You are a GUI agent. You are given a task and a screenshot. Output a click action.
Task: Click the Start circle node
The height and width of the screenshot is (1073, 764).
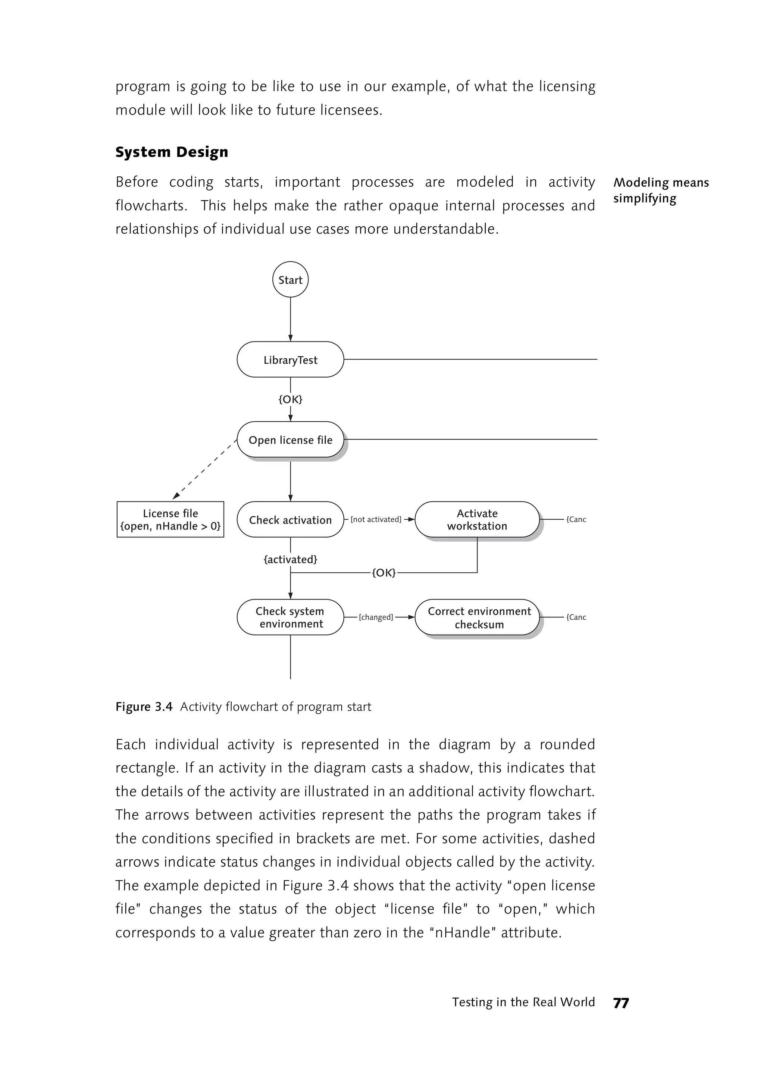tap(290, 279)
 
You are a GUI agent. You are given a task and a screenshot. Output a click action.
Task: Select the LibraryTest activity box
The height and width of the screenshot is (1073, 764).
tap(290, 360)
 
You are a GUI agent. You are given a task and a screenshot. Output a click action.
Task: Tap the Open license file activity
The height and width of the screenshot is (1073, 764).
tap(290, 440)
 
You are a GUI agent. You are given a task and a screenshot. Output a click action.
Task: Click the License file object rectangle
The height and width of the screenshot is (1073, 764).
tap(170, 520)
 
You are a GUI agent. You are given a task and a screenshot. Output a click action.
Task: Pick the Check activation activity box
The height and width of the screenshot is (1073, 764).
tap(290, 520)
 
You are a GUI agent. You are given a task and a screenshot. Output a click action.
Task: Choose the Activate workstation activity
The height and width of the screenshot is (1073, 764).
tap(477, 520)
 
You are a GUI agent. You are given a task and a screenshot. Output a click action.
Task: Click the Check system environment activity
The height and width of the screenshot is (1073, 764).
tap(290, 617)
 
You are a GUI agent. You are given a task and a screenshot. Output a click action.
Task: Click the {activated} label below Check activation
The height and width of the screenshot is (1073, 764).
tap(290, 560)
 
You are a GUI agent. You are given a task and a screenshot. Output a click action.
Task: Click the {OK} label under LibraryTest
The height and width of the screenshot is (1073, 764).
tap(290, 400)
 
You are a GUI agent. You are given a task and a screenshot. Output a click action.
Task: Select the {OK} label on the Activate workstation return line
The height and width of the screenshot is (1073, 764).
tap(384, 573)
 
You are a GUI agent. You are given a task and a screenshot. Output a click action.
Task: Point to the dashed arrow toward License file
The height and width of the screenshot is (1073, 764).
tap(205, 469)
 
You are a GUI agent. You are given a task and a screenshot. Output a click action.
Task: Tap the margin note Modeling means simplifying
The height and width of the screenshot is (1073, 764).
tap(661, 191)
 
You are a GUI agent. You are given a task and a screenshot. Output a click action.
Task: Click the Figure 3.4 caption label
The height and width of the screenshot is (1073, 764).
tap(144, 707)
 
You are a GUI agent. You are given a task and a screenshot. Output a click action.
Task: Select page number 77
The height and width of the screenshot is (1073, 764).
tap(621, 1003)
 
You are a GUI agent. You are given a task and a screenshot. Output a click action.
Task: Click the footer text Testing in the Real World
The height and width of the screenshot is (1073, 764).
tap(523, 1002)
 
